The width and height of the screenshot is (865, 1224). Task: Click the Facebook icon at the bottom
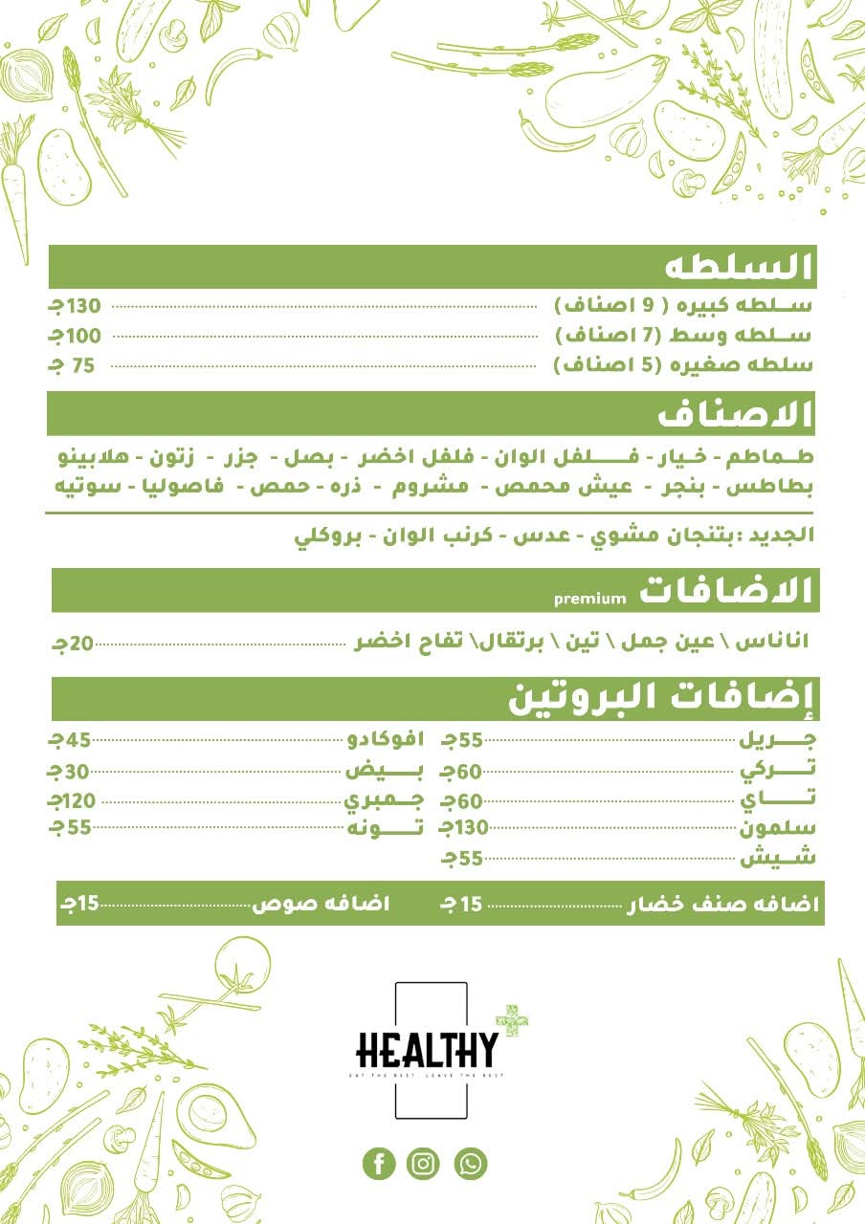379,1164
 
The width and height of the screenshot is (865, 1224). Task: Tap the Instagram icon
423,1164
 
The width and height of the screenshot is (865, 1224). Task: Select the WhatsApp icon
470,1164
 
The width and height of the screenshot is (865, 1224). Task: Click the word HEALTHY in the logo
427,1051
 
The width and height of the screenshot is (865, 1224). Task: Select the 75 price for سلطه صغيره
78,365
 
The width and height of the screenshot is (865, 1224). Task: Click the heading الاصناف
736,415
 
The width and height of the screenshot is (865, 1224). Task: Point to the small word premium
590,599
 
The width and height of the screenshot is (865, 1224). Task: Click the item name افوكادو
384,739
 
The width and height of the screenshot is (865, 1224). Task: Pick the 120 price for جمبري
74,800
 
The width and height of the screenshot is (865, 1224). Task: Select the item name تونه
385,828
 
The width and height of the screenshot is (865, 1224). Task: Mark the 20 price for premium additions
75,645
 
